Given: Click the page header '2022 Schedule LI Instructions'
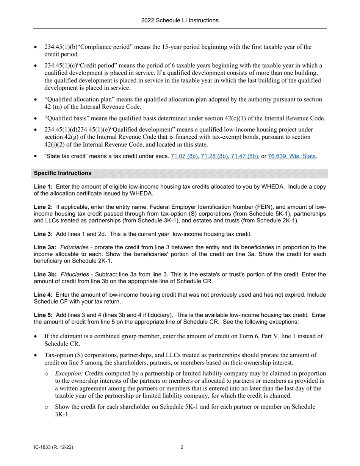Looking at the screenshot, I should tap(180, 20).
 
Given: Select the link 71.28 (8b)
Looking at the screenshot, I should tap(214, 156).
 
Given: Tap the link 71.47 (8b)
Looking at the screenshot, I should tap(244, 156).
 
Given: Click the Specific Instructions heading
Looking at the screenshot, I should tap(63, 173).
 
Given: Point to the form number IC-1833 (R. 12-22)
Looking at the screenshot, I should tap(53, 447).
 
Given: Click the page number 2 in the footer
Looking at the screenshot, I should tap(182, 447).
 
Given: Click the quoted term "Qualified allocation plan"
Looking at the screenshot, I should tap(78, 100).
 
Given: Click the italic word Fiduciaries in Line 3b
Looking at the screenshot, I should tap(74, 274).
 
